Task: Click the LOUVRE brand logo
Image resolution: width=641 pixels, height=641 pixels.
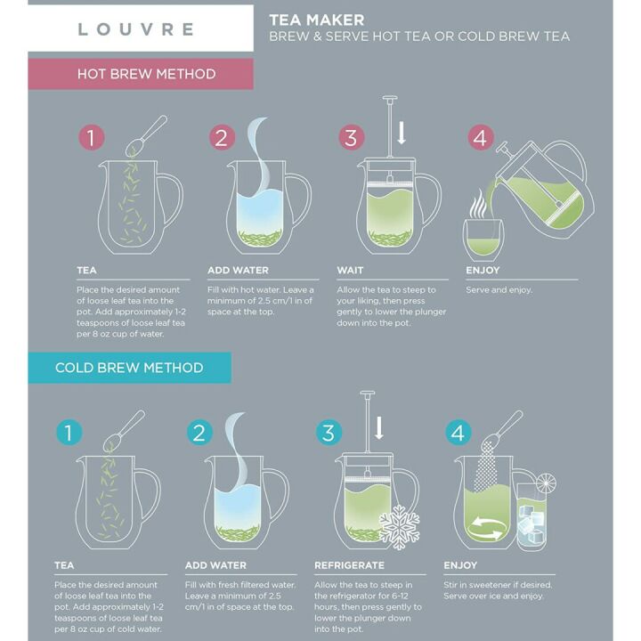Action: pyautogui.click(x=135, y=28)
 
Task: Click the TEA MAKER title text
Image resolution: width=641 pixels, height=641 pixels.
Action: pyautogui.click(x=316, y=20)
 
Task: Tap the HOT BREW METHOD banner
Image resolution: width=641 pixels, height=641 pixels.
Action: pyautogui.click(x=146, y=74)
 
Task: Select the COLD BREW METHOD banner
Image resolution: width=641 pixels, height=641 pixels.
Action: pyautogui.click(x=129, y=368)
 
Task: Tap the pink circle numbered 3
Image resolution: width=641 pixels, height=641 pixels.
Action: pyautogui.click(x=352, y=138)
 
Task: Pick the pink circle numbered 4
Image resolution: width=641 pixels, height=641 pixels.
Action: pyautogui.click(x=481, y=138)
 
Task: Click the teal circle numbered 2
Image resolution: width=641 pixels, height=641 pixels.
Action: pyautogui.click(x=200, y=433)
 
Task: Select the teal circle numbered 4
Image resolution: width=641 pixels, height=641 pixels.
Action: pyautogui.click(x=458, y=433)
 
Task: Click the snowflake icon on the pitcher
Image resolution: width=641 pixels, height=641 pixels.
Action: pyautogui.click(x=399, y=528)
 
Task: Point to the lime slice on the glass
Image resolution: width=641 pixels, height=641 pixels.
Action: pyautogui.click(x=545, y=483)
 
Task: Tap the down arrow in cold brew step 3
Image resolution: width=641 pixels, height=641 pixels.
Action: pyautogui.click(x=379, y=428)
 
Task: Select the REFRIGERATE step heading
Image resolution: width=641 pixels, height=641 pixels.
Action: pyautogui.click(x=349, y=565)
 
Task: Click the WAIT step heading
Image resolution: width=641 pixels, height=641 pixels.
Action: pyautogui.click(x=350, y=270)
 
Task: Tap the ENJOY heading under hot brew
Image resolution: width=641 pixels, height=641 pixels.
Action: pyautogui.click(x=483, y=270)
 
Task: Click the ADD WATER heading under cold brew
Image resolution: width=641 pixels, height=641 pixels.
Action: pyautogui.click(x=215, y=565)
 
